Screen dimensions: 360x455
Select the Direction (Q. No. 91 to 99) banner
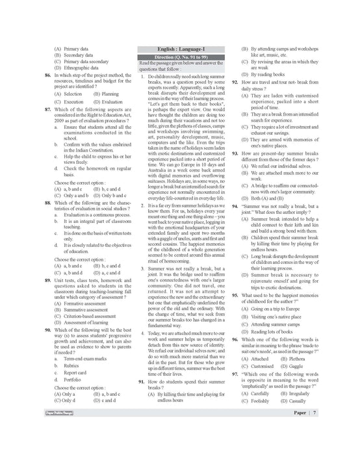(179, 57)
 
